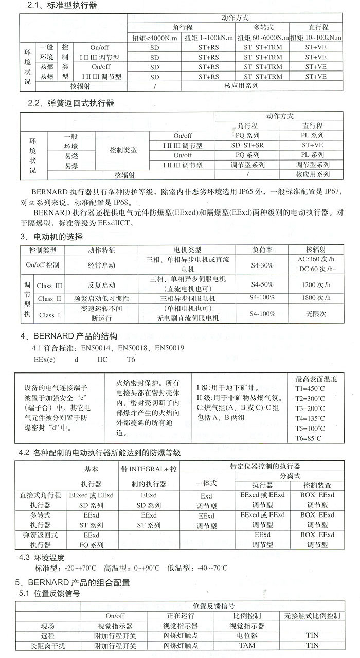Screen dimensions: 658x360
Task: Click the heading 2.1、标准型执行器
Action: click(62, 6)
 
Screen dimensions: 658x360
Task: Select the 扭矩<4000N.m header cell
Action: click(154, 37)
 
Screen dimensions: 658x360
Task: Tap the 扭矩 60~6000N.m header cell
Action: click(263, 37)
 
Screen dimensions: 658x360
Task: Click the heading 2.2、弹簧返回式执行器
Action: click(71, 103)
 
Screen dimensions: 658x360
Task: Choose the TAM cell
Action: click(247, 645)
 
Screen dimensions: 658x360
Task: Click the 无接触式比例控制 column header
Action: click(312, 616)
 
